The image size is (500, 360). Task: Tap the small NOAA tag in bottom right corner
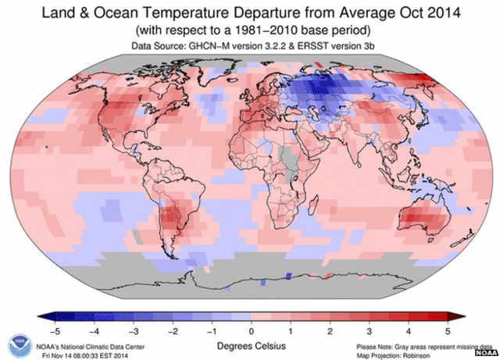click(485, 353)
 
